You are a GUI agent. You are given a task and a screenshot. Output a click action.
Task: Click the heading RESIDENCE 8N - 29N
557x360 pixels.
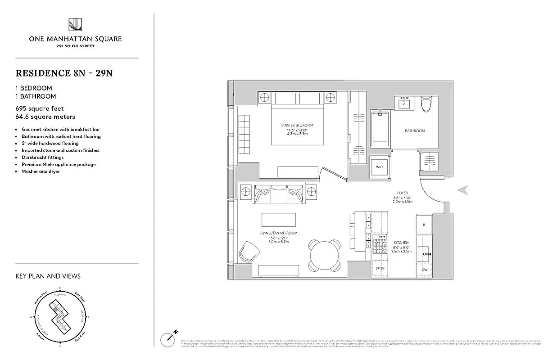coord(64,73)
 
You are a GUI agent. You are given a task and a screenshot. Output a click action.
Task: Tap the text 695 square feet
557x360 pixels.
coord(40,108)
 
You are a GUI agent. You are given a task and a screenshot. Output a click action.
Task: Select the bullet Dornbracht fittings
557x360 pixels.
coord(43,157)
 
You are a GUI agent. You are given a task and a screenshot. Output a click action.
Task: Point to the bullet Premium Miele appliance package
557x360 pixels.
coord(59,164)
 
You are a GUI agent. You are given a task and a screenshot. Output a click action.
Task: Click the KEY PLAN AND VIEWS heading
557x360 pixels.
coord(48,276)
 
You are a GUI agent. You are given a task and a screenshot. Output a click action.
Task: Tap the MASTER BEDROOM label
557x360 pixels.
coord(297,125)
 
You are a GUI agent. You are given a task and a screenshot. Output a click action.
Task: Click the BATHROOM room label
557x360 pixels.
coord(415,131)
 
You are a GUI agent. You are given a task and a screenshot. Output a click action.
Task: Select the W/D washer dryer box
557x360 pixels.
coord(379,167)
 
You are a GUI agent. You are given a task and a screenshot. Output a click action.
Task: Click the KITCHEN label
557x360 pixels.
coord(400,243)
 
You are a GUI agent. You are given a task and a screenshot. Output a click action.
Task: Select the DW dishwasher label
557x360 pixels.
coord(425,270)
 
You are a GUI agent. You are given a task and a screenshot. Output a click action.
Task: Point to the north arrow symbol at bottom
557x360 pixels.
coord(168,338)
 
